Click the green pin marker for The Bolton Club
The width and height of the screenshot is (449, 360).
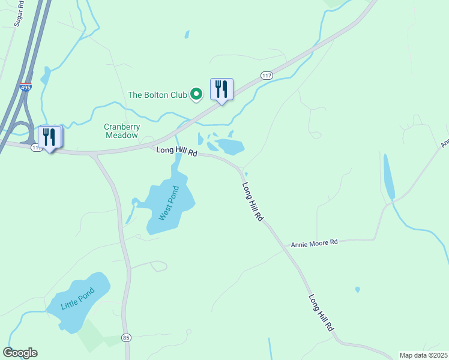tap(196, 95)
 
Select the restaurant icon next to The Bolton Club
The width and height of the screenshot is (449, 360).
tap(221, 89)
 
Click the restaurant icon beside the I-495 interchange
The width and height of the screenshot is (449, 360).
tap(49, 137)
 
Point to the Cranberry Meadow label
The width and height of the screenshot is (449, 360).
tap(122, 131)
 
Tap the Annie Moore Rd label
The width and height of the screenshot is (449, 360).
tap(315, 243)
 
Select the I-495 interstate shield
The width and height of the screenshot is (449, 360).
tap(25, 87)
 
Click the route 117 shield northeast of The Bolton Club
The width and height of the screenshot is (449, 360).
tap(267, 75)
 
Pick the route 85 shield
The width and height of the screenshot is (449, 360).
tap(126, 338)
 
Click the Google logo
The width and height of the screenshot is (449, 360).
tap(20, 353)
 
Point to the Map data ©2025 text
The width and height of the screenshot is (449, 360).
tap(423, 355)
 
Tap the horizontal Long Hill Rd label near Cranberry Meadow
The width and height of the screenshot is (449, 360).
tap(176, 152)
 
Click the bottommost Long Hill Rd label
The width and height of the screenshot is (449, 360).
tap(321, 313)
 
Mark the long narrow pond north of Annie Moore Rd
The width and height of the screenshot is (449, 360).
tap(388, 177)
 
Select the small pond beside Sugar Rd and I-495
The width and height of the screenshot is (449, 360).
tap(45, 76)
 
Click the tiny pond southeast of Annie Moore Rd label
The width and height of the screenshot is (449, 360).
tap(358, 290)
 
